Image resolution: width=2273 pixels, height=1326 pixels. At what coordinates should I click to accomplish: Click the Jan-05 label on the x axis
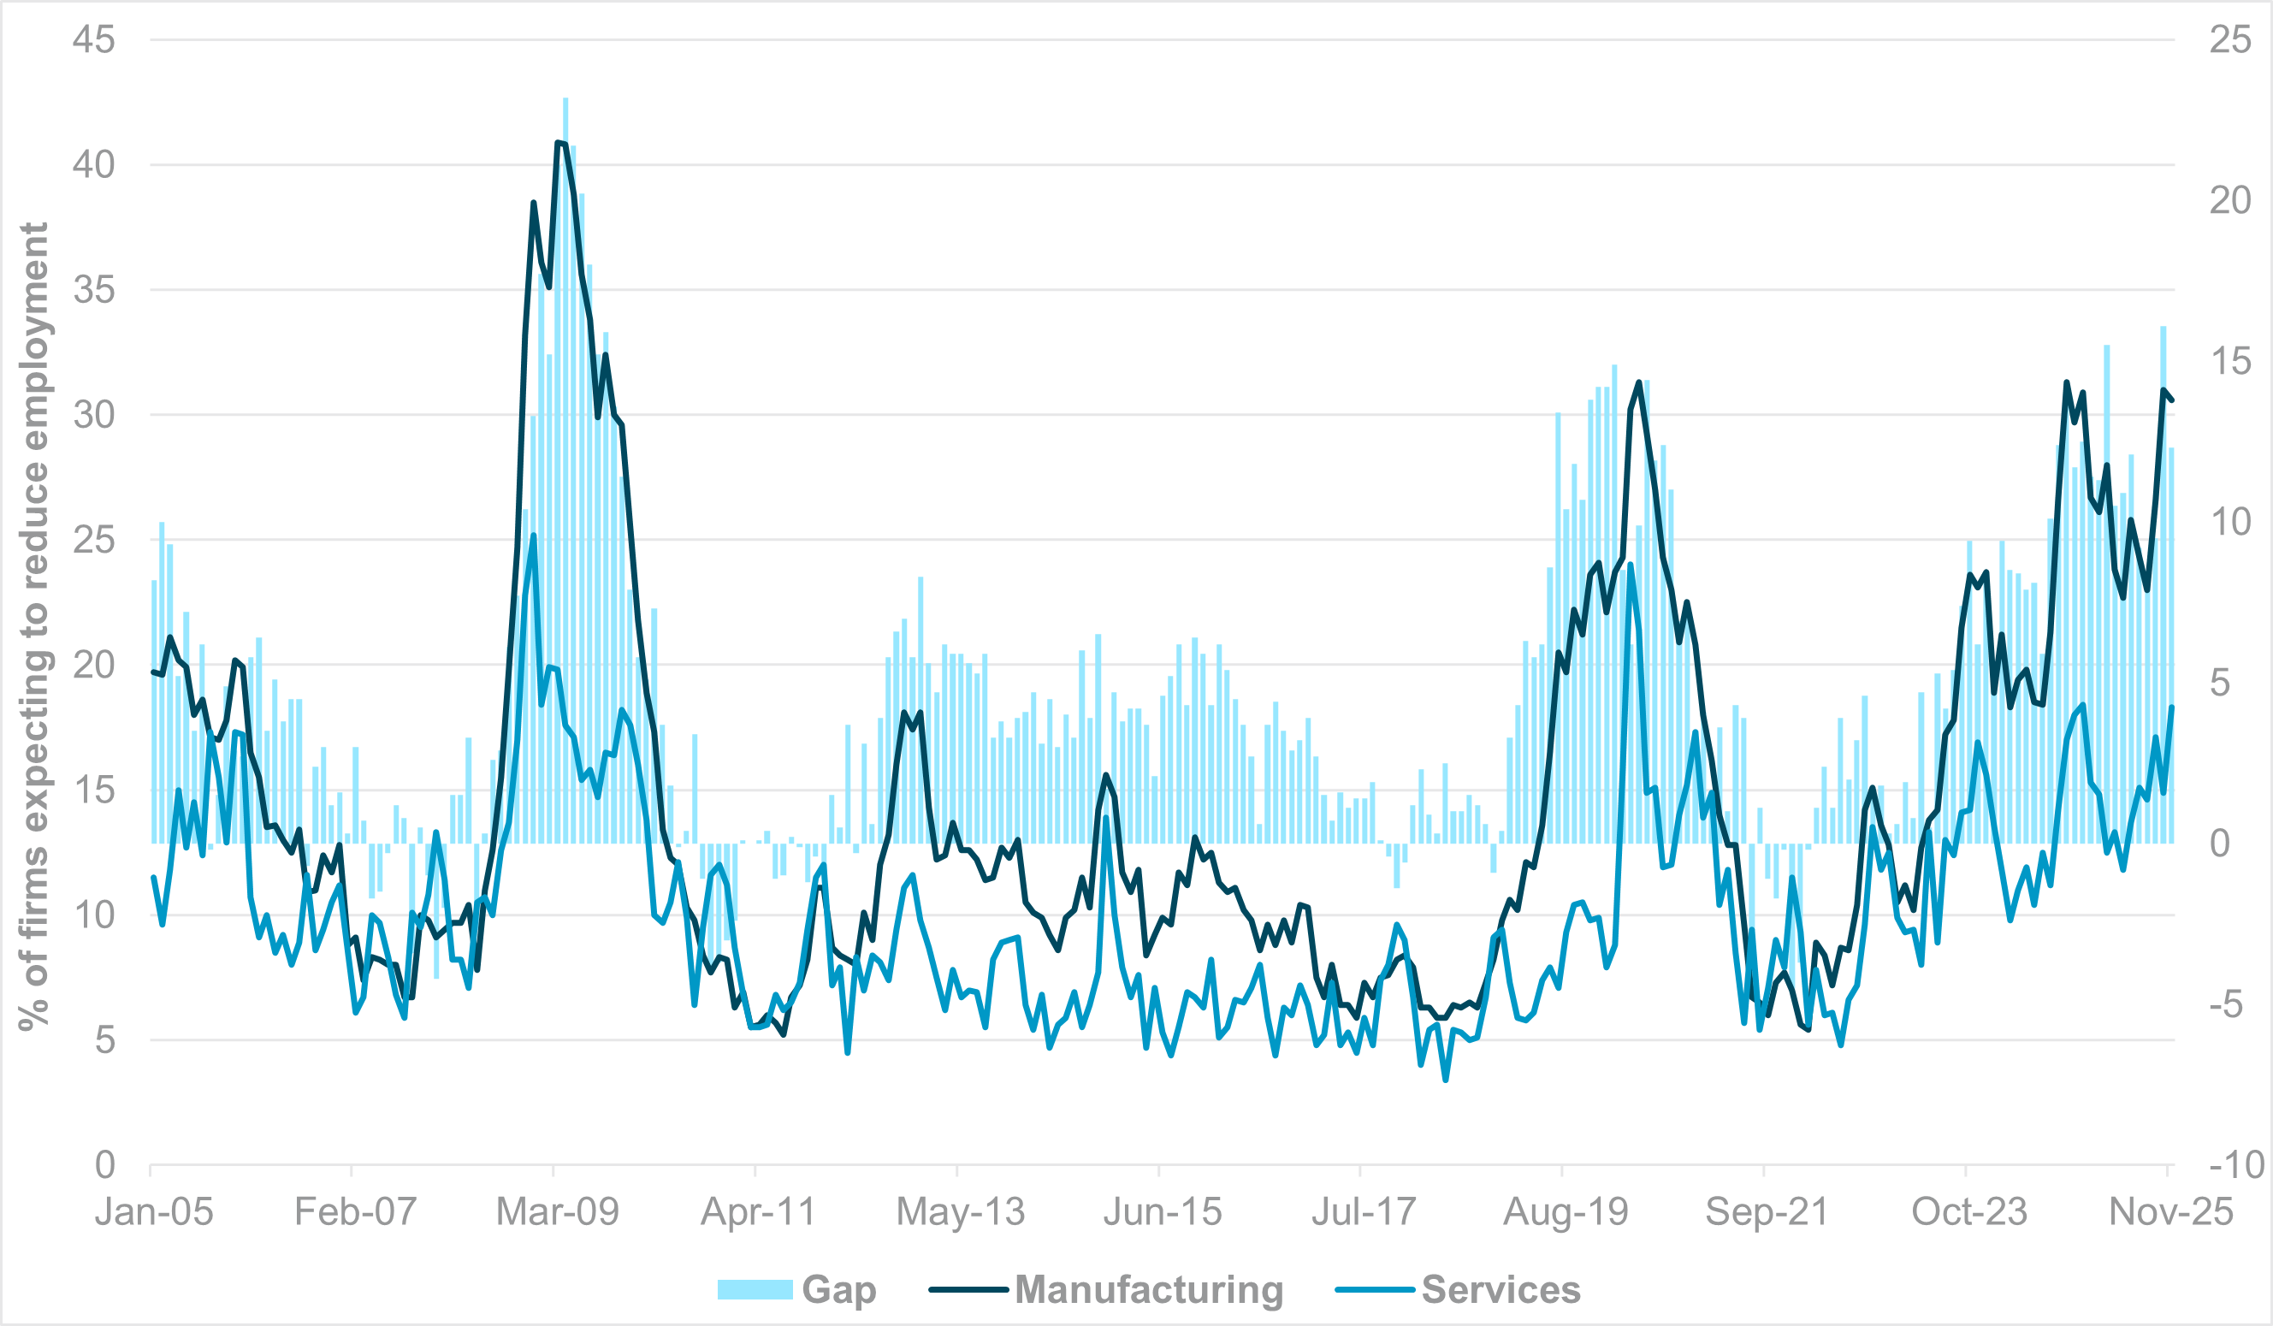154,1211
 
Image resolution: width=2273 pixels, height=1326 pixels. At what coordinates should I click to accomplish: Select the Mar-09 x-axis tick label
558,1211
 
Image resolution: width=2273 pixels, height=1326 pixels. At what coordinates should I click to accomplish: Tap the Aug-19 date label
1566,1211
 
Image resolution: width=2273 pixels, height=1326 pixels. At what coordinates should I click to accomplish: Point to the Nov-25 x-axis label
2171,1211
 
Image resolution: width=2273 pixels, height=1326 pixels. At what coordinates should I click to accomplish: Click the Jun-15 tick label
1163,1211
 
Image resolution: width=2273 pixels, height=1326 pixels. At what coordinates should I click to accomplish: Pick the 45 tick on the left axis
94,39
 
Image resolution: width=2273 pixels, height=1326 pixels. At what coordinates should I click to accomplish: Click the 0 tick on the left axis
104,1164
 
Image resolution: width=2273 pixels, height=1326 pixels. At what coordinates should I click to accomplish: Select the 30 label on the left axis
94,415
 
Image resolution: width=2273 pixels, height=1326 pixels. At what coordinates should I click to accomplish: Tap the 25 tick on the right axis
2229,39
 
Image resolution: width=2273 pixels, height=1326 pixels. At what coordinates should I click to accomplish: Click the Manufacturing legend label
1148,1289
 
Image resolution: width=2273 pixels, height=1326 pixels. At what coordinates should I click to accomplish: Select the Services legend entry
1501,1289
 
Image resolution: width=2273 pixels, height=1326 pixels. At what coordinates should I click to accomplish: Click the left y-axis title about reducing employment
34,627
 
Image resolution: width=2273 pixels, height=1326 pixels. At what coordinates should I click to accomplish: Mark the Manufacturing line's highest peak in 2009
559,143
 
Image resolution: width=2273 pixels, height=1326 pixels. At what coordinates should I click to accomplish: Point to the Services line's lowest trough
1445,1079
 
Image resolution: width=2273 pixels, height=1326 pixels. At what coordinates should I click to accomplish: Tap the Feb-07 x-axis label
355,1211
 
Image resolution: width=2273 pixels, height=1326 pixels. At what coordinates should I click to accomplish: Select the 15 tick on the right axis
2229,361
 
